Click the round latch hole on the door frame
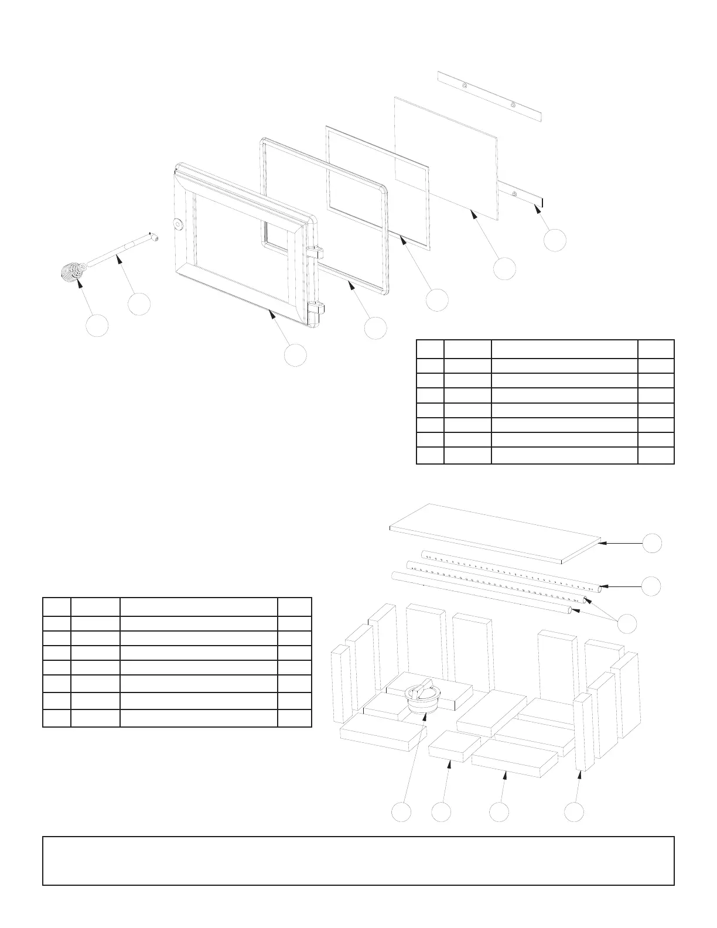(x=178, y=223)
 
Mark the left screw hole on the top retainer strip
(x=463, y=86)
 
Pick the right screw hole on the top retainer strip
(x=513, y=105)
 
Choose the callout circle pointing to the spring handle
(x=97, y=326)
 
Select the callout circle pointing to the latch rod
(x=139, y=304)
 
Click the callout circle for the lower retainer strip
(x=554, y=240)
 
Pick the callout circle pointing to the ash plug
(x=401, y=812)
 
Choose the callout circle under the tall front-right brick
(x=574, y=812)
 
